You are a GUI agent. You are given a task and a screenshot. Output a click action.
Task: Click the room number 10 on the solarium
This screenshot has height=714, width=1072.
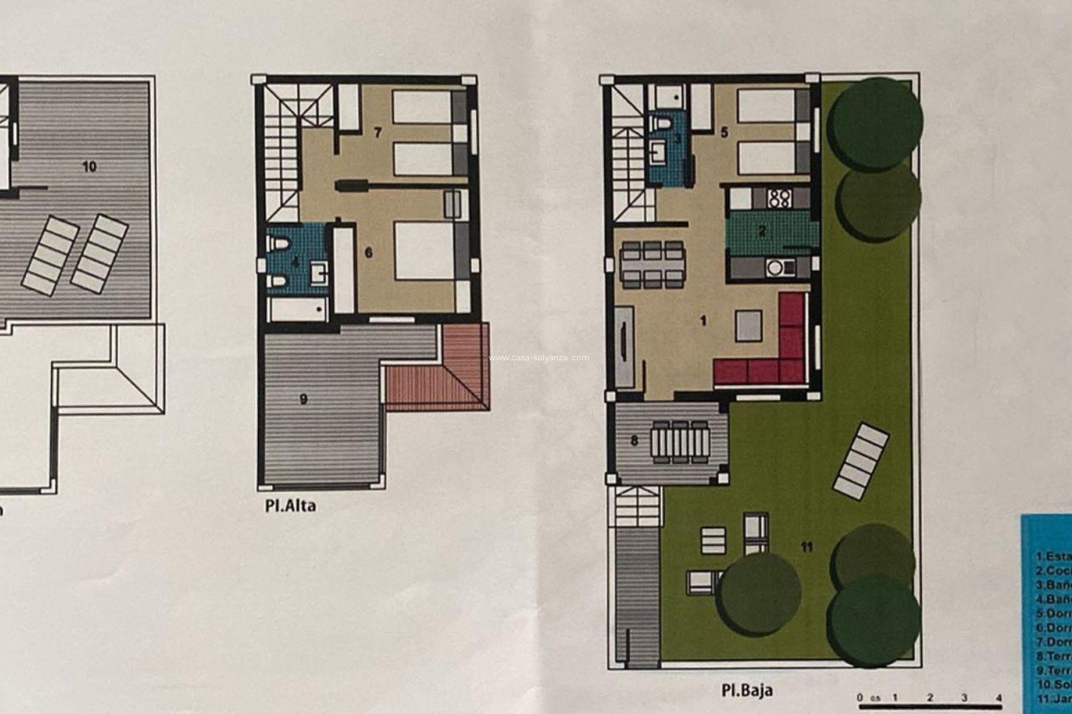pyautogui.click(x=89, y=166)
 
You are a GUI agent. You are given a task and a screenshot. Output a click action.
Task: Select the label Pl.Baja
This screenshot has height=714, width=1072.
pyautogui.click(x=746, y=690)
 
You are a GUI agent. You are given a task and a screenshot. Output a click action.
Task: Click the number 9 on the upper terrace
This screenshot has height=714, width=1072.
pyautogui.click(x=304, y=399)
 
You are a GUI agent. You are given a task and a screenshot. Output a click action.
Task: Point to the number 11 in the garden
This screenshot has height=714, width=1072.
pyautogui.click(x=806, y=547)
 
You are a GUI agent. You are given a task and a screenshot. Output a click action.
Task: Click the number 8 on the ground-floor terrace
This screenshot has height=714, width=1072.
pyautogui.click(x=634, y=441)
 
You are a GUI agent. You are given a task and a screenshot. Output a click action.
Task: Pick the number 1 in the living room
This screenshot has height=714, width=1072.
pyautogui.click(x=703, y=320)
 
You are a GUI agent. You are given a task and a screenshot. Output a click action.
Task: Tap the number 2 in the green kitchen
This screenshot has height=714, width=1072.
pyautogui.click(x=762, y=231)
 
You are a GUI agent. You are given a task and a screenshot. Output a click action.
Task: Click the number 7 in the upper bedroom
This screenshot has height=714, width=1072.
pyautogui.click(x=378, y=133)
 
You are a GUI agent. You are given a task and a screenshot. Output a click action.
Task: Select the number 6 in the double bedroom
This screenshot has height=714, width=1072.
pyautogui.click(x=368, y=253)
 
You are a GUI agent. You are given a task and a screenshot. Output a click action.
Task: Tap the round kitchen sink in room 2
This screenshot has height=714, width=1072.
pyautogui.click(x=774, y=268)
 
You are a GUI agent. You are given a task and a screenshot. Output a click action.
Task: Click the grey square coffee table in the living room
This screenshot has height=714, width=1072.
pyautogui.click(x=748, y=326)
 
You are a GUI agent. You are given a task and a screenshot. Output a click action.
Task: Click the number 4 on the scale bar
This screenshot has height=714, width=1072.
pyautogui.click(x=998, y=697)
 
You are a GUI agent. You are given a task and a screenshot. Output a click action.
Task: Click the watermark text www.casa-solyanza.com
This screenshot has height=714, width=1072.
pyautogui.click(x=539, y=358)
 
